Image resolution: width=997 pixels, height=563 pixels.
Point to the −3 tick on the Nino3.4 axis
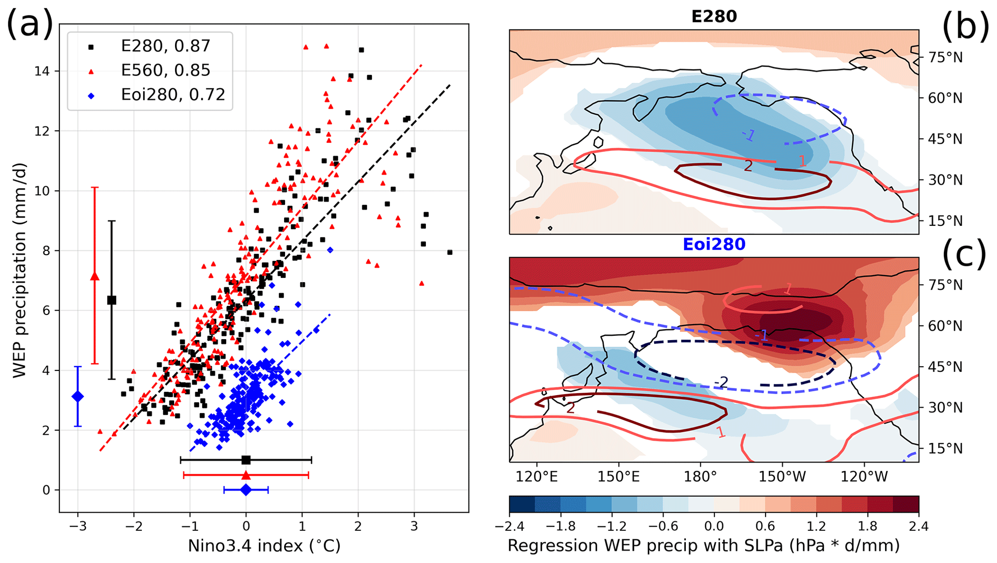coord(78,526)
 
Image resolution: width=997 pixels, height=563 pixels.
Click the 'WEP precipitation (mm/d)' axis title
coord(19,270)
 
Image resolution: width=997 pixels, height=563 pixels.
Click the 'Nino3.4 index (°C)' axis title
coord(264,546)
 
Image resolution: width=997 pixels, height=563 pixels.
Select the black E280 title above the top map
coord(714,16)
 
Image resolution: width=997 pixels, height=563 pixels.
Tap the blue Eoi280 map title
coord(714,244)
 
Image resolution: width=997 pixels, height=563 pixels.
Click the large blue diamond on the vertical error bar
coord(78,397)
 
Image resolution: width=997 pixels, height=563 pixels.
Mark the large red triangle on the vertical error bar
coord(95,276)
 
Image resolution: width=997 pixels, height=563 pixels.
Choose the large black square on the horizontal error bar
coord(246,460)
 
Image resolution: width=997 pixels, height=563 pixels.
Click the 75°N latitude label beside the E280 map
coord(945,57)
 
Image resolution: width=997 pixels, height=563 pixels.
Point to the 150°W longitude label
coord(782,477)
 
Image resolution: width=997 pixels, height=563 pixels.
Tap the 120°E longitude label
coord(536,477)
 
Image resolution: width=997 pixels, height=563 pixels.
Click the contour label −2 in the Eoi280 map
coord(721,383)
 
